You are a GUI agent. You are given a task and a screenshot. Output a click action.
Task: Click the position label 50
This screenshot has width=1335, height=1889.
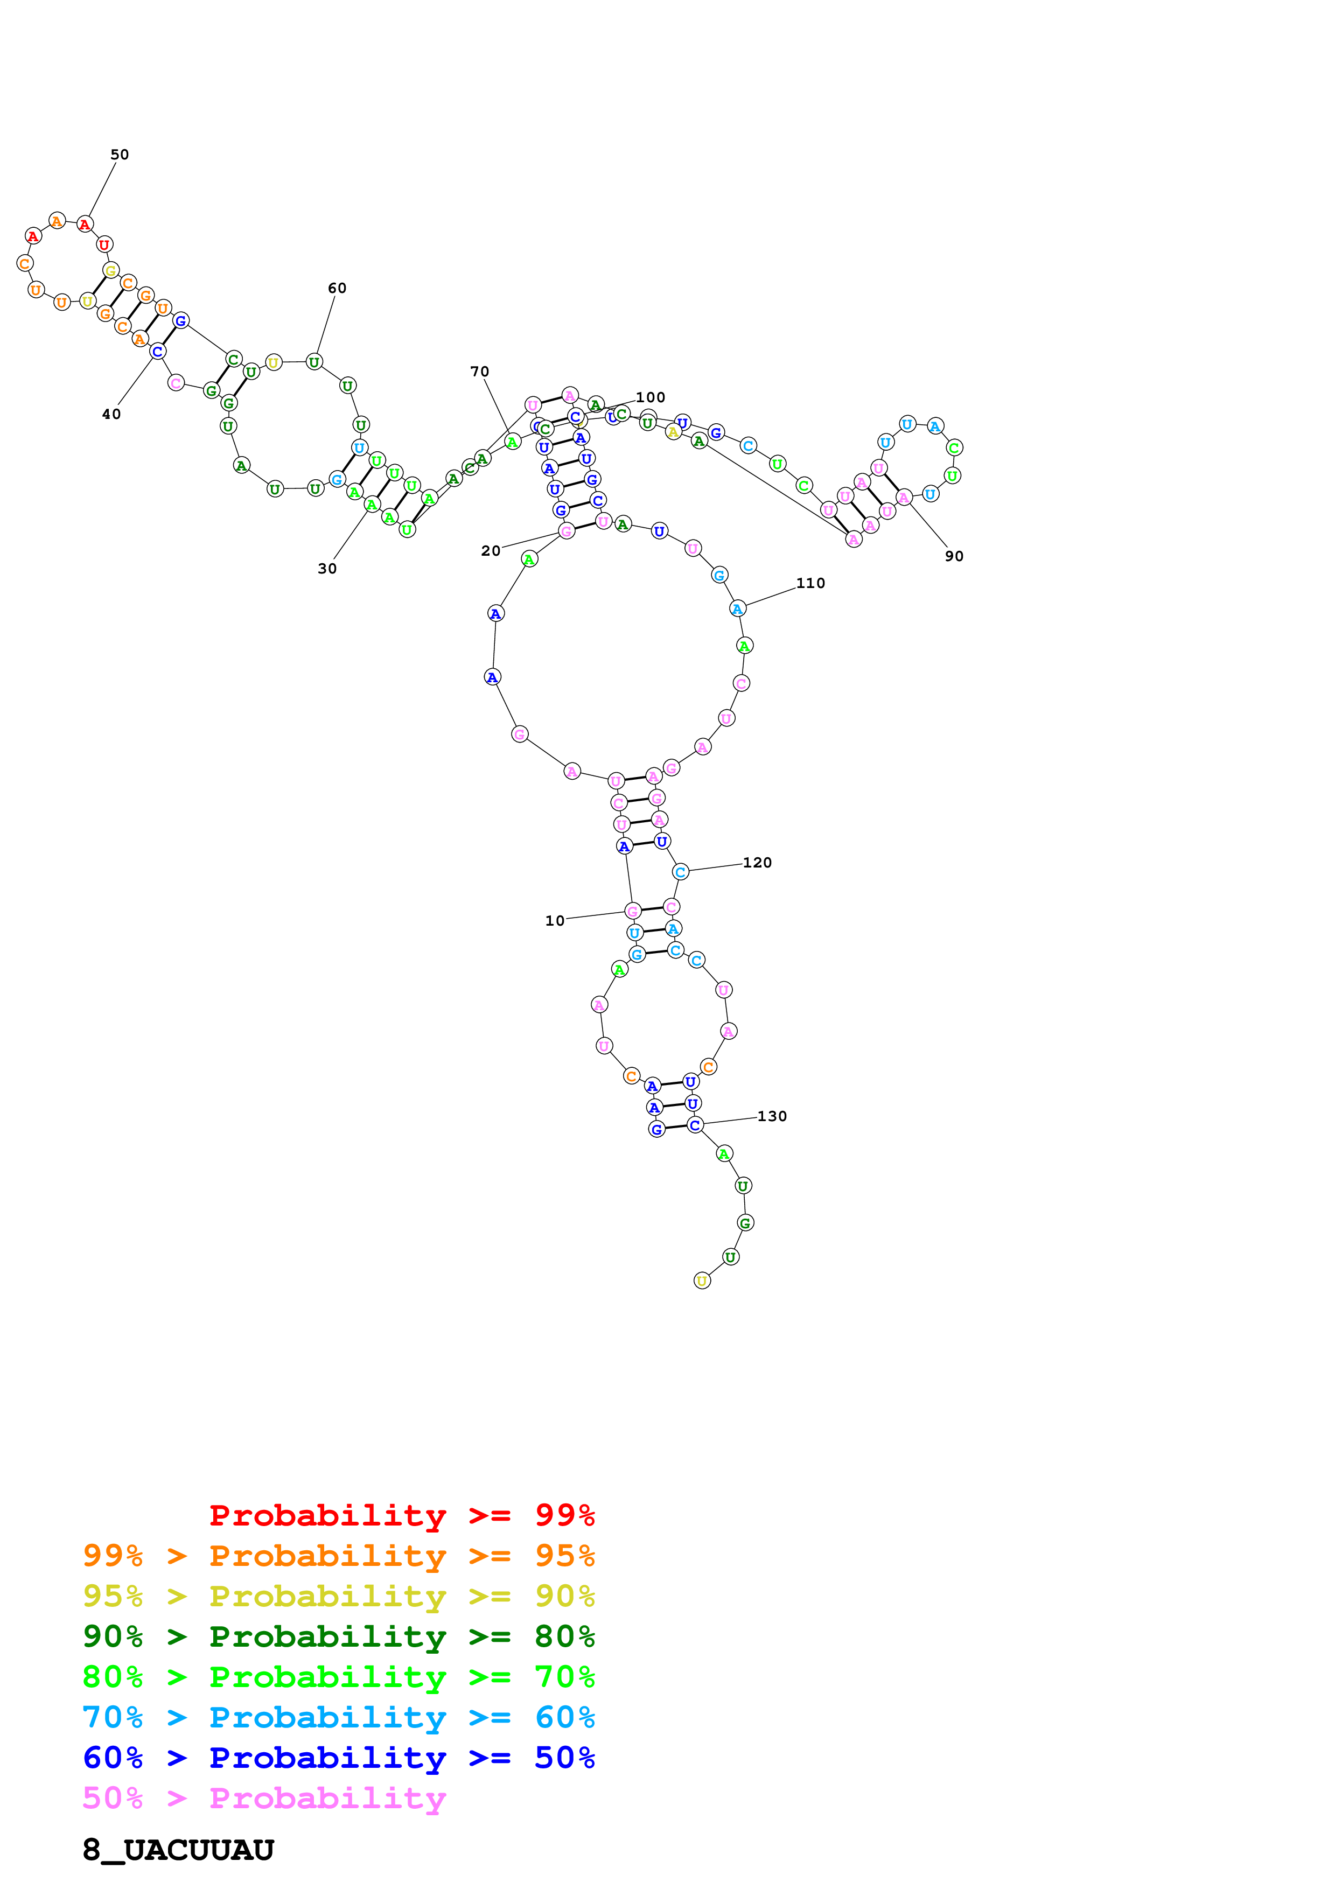pyautogui.click(x=119, y=155)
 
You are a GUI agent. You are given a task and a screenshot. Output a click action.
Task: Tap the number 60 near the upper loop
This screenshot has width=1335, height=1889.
pyautogui.click(x=337, y=288)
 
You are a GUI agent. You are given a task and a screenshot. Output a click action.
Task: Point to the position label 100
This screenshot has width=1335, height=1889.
pyautogui.click(x=650, y=397)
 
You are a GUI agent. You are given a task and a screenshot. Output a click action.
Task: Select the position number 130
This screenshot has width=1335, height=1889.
pyautogui.click(x=772, y=1116)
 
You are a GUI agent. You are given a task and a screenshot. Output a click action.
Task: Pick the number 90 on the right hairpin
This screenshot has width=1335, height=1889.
pyautogui.click(x=954, y=556)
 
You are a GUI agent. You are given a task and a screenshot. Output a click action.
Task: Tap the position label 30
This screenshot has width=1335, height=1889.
pyautogui.click(x=327, y=569)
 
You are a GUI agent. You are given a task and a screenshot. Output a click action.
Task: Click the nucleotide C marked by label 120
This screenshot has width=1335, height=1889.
pyautogui.click(x=680, y=872)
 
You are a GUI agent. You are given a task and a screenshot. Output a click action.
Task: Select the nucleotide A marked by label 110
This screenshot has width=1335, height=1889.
pyautogui.click(x=738, y=609)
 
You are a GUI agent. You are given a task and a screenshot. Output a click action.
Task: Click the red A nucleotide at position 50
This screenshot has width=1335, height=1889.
pyautogui.click(x=85, y=224)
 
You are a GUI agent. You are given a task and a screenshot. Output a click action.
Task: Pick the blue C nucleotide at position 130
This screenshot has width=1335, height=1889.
pyautogui.click(x=695, y=1125)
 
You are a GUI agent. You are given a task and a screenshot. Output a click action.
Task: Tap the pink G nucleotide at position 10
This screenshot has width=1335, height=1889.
pyautogui.click(x=633, y=911)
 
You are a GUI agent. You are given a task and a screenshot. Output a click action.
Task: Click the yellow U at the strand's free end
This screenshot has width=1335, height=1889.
pyautogui.click(x=702, y=1281)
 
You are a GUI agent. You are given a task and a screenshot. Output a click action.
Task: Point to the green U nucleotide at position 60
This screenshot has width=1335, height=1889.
pyautogui.click(x=314, y=362)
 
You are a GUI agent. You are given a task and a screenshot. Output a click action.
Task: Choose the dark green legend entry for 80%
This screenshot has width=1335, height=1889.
pyautogui.click(x=338, y=1636)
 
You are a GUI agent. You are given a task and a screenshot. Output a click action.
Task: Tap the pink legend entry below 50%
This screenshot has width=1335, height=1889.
pyautogui.click(x=264, y=1797)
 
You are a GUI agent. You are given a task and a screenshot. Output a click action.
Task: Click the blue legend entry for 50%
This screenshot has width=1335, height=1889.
pyautogui.click(x=338, y=1758)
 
